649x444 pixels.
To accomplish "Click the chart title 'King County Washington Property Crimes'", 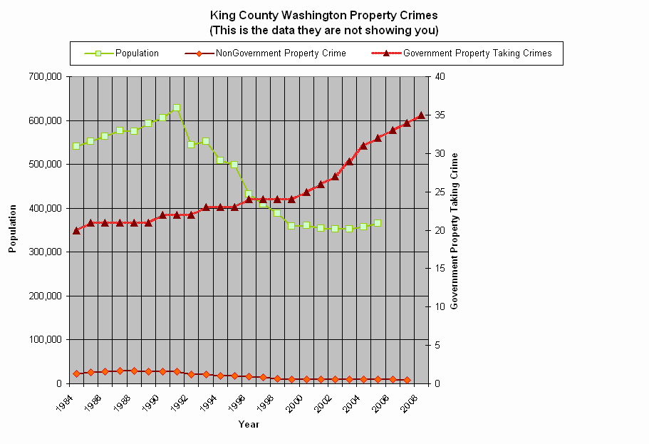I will [323, 15].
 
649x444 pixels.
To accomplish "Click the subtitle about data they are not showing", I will [323, 31].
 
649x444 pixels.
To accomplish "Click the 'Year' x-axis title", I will [249, 425].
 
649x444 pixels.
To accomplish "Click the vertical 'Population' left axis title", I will [12, 229].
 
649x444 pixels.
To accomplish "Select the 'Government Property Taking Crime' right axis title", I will [455, 230].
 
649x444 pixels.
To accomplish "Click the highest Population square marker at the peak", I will [177, 108].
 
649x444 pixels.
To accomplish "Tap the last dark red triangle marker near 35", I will [421, 115].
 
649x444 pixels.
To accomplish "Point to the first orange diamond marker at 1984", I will [76, 373].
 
